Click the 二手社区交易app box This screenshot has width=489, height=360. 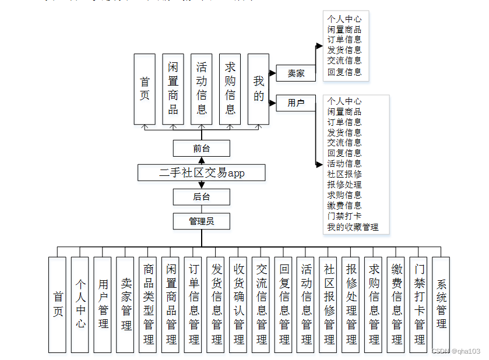click(x=202, y=173)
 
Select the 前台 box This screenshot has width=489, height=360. click(x=202, y=149)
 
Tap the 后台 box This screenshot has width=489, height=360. click(x=202, y=197)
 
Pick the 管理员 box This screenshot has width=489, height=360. click(x=202, y=221)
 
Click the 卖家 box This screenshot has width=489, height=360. click(x=295, y=73)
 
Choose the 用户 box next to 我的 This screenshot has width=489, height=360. click(x=295, y=103)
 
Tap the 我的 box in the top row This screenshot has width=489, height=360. click(x=259, y=89)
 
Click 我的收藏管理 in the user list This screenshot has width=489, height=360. click(x=353, y=227)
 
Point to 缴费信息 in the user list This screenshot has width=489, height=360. click(x=344, y=206)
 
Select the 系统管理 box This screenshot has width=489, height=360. click(x=441, y=305)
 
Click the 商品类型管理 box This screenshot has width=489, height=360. click(x=148, y=305)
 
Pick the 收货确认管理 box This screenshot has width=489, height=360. click(x=238, y=305)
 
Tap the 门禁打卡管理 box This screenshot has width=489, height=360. click(x=419, y=305)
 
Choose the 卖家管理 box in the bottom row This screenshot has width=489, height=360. click(x=125, y=305)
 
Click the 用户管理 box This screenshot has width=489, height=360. click(x=103, y=305)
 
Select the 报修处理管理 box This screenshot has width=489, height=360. click(x=351, y=305)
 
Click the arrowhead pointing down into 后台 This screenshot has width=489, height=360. click(x=202, y=185)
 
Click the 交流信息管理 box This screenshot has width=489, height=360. click(x=261, y=305)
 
